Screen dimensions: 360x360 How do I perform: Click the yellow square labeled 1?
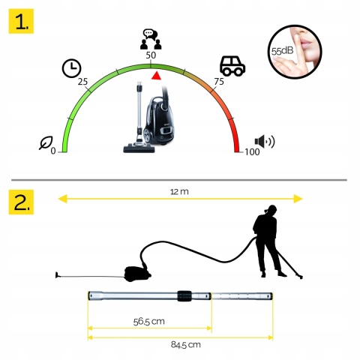[21, 21]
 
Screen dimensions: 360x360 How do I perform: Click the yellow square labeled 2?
[21, 202]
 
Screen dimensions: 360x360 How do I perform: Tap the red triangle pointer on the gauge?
[156, 76]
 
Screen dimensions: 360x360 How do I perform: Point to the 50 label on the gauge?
[151, 55]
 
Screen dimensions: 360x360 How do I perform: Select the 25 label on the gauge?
[82, 82]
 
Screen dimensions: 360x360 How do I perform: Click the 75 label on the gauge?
[219, 82]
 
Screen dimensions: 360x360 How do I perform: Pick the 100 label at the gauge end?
[252, 151]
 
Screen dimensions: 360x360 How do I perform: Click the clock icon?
[71, 68]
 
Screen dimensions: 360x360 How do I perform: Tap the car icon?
[232, 66]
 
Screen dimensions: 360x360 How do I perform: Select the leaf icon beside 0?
[46, 142]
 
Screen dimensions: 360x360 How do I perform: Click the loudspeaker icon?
[265, 142]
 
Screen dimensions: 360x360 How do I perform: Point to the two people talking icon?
[151, 39]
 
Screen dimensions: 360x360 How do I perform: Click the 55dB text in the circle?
[282, 51]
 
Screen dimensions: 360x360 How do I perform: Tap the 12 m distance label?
[179, 192]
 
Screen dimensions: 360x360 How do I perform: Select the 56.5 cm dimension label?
[149, 321]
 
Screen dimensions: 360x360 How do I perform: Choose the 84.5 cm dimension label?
[186, 345]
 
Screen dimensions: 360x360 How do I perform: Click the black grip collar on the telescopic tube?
[184, 296]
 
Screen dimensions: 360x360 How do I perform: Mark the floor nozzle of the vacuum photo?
[139, 148]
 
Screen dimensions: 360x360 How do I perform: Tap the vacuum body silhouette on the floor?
[137, 274]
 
